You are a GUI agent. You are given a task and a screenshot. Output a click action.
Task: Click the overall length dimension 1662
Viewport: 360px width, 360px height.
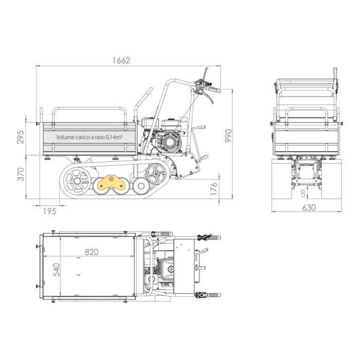pos(122,60)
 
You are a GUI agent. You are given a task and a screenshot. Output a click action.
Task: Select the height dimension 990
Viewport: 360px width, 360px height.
pos(228,135)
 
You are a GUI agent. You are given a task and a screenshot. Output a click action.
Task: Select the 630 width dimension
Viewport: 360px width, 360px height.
pos(309,208)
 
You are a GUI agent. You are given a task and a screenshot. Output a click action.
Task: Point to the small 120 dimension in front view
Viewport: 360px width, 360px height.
pos(303,193)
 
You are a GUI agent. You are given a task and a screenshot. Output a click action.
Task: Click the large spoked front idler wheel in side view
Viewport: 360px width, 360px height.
pos(77,181)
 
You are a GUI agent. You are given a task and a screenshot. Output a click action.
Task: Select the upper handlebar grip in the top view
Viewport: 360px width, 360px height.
pos(210,238)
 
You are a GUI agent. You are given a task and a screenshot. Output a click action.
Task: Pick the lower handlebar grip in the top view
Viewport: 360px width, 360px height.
pos(210,296)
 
